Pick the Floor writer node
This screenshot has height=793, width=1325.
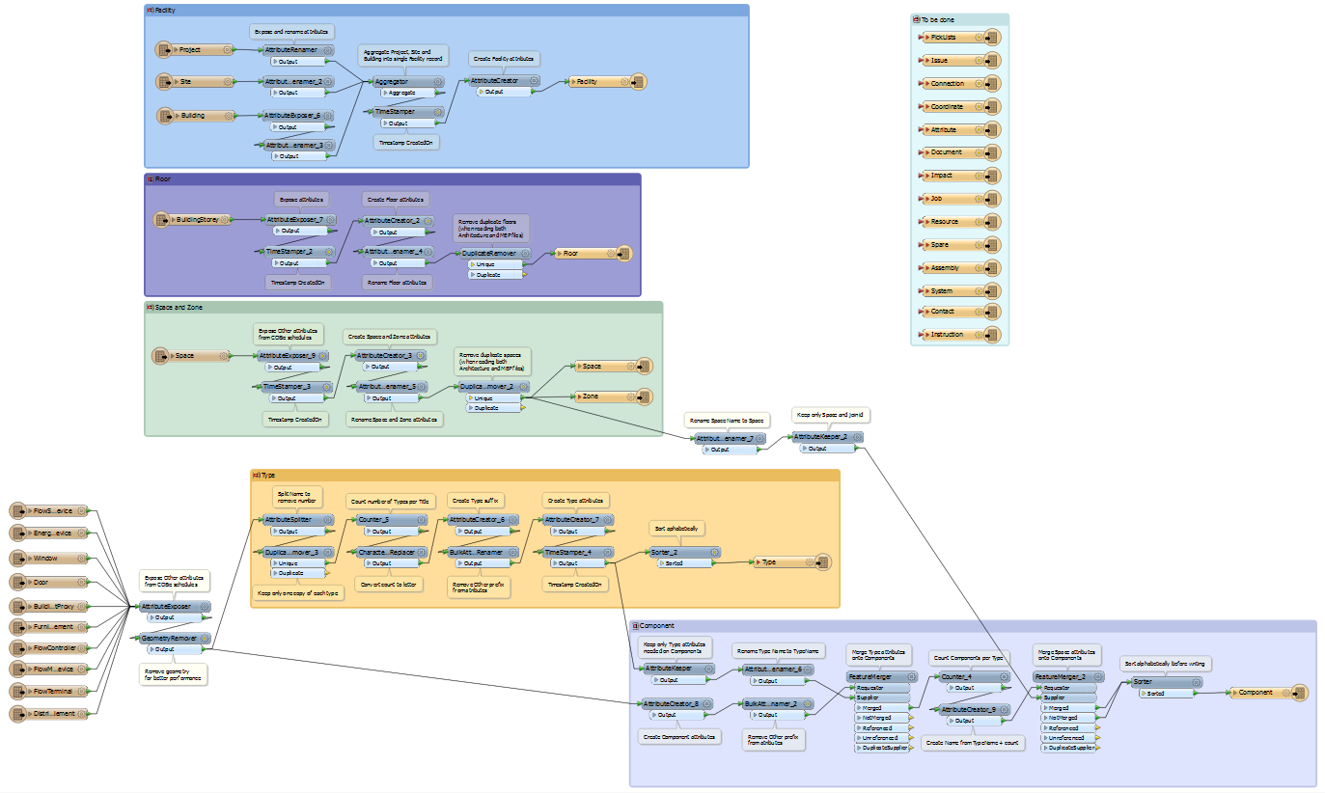(x=584, y=254)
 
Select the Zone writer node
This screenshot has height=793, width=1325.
(x=604, y=396)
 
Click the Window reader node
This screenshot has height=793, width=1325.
(x=53, y=559)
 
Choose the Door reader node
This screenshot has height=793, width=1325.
(x=53, y=583)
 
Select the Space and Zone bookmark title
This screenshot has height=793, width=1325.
(x=179, y=308)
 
